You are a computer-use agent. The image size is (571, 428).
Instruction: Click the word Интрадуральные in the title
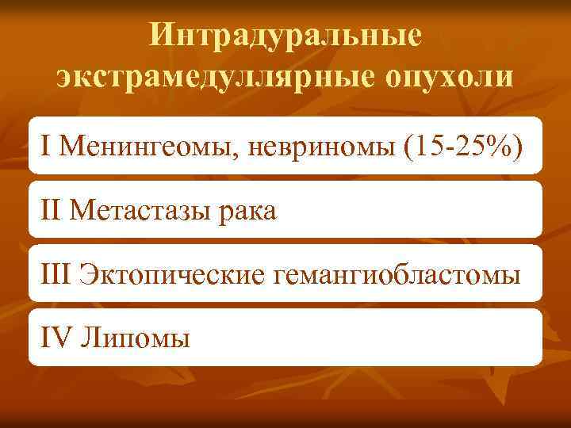point(285,36)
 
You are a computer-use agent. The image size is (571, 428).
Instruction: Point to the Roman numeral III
point(56,275)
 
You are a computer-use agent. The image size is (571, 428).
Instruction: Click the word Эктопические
point(172,275)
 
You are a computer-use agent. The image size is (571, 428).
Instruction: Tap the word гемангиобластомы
point(397,275)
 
